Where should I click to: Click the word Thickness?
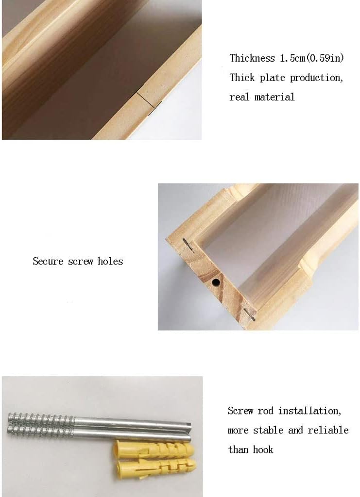click(252, 58)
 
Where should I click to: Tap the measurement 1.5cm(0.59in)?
click(311, 58)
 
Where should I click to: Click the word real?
click(240, 97)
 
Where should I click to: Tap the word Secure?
click(48, 261)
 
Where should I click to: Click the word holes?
click(110, 261)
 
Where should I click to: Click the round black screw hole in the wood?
click(216, 282)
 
